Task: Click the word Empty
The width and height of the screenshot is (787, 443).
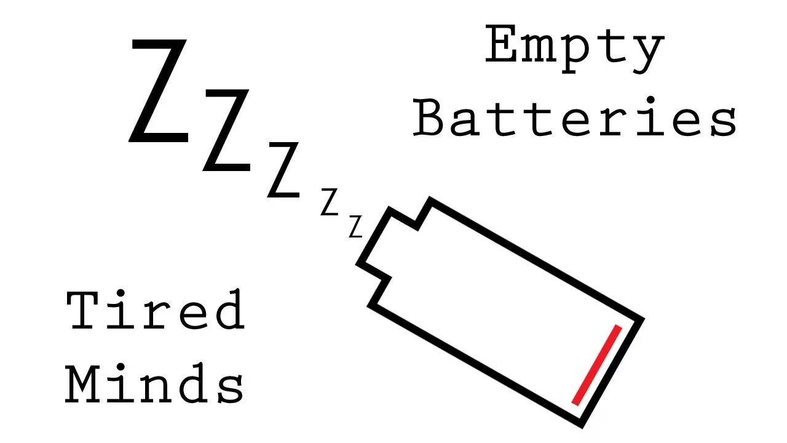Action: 574,47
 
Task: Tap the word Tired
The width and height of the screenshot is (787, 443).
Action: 155,310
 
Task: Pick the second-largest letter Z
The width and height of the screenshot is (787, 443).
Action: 227,130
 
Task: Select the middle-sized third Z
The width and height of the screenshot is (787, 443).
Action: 283,169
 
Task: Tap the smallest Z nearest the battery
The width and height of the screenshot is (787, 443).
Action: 355,226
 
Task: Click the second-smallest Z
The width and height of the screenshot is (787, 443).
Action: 330,203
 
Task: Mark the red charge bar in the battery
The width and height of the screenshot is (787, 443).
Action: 596,365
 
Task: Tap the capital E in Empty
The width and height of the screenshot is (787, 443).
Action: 504,46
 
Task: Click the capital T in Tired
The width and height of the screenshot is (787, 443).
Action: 84,310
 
